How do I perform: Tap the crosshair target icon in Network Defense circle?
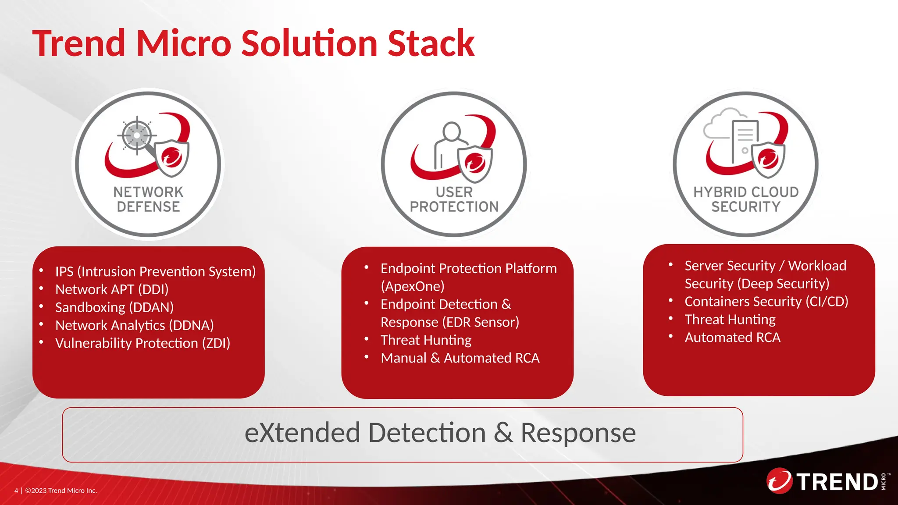pos(137,135)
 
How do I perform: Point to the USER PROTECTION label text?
pos(454,199)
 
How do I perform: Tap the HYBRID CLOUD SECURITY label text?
pos(745,199)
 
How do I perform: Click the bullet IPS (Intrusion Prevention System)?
pos(155,271)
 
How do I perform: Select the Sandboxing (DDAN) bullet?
pos(114,307)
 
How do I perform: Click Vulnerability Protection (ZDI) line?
pos(143,343)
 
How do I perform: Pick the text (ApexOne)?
pos(412,286)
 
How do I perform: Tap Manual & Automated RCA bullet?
pos(460,358)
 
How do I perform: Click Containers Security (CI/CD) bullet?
pos(766,302)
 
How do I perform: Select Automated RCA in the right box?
pos(732,338)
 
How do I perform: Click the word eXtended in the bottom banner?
pos(302,433)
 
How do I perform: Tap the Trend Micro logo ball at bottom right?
pos(779,481)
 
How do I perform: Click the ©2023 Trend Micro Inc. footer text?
pos(61,491)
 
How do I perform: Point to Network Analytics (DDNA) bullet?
pos(134,325)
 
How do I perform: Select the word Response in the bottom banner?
pos(578,433)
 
